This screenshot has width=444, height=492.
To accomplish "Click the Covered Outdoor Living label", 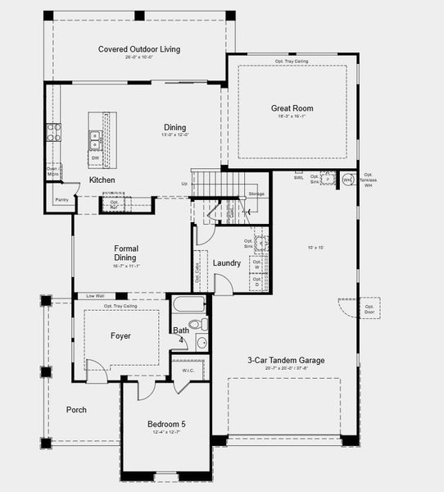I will (x=139, y=49).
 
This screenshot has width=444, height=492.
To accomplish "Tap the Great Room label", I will (x=292, y=108).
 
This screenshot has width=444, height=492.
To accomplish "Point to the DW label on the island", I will (x=95, y=158).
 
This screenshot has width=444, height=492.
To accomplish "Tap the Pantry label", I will (x=61, y=199).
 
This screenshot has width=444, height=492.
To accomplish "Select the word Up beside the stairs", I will (x=184, y=184).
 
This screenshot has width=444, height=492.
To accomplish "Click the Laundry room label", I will (x=227, y=263).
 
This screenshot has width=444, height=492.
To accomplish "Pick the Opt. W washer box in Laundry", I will (x=257, y=265).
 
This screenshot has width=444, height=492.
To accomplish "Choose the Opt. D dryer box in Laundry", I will (x=257, y=283).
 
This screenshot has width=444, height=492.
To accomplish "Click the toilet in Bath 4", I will (x=202, y=344).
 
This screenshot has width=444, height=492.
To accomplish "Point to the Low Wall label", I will (x=94, y=296).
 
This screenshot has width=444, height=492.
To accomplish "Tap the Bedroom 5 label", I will (x=166, y=424).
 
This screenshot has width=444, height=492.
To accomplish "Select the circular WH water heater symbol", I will (x=347, y=180).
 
